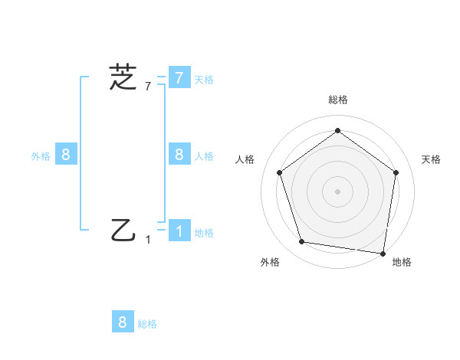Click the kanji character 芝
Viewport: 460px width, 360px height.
click(123, 77)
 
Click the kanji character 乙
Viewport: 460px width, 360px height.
click(123, 230)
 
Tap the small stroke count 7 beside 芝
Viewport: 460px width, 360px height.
click(148, 86)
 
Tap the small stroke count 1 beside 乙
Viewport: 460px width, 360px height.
click(148, 239)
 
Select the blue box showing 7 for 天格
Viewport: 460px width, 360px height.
click(179, 78)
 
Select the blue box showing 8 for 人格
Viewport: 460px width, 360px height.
click(179, 154)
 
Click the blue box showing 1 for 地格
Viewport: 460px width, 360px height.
click(179, 231)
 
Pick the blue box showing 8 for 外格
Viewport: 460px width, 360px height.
click(66, 155)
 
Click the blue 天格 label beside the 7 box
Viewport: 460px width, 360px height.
click(204, 80)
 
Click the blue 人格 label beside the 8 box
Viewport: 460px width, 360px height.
click(204, 156)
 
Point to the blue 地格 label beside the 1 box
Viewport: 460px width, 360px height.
click(204, 233)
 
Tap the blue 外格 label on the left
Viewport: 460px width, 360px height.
click(41, 156)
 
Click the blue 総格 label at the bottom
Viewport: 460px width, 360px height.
click(147, 324)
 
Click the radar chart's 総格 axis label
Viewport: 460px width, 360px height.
click(337, 100)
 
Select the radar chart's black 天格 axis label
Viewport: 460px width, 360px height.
click(432, 159)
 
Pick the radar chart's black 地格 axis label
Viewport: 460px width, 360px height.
click(402, 263)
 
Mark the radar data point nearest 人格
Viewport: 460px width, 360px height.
click(279, 172)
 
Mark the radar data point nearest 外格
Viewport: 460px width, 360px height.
click(302, 242)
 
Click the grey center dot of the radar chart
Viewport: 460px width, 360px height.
click(337, 191)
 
